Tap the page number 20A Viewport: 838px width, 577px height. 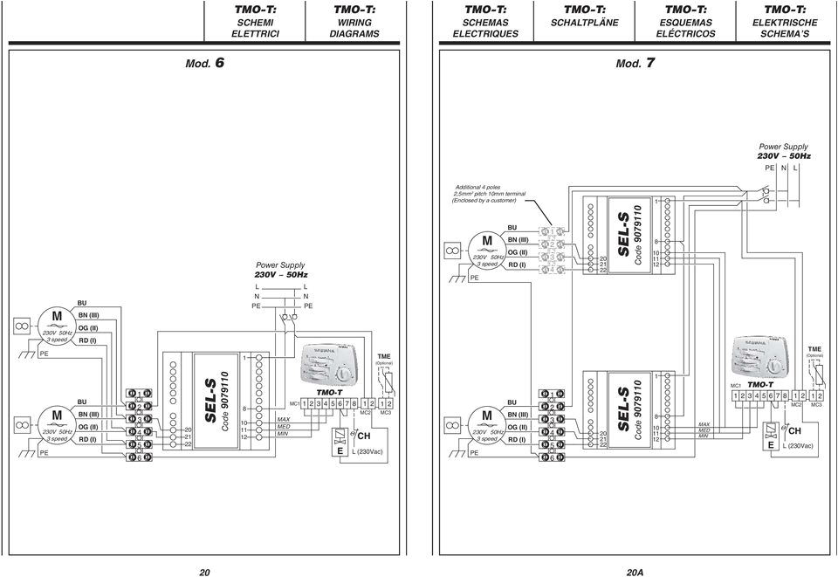click(635, 572)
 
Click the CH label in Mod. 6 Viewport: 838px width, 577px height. click(364, 435)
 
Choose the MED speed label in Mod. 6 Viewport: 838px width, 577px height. click(282, 428)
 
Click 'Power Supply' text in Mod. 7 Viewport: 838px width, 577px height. click(782, 147)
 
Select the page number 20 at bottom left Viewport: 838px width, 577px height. click(203, 572)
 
